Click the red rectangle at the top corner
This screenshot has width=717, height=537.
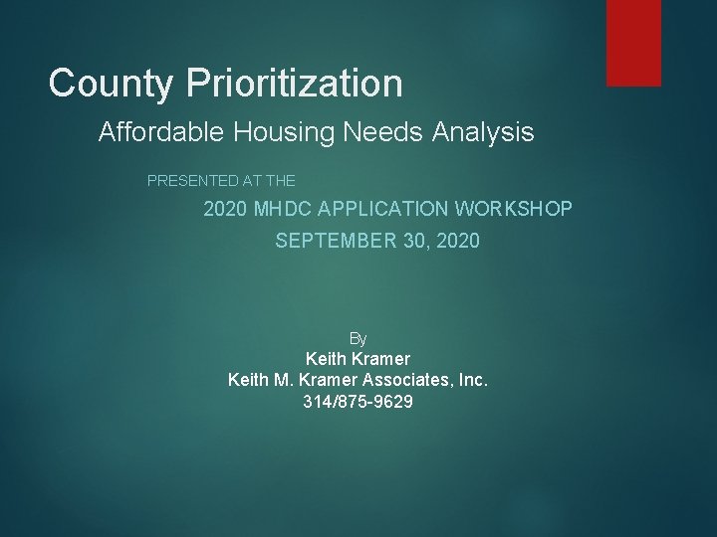pyautogui.click(x=633, y=42)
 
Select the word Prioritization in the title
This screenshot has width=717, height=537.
pyautogui.click(x=295, y=84)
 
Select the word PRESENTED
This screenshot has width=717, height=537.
pyautogui.click(x=192, y=181)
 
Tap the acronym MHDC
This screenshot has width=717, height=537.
pyautogui.click(x=285, y=210)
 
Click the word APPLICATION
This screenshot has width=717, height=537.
pyautogui.click(x=388, y=210)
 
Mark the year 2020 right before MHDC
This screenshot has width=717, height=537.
pyautogui.click(x=225, y=210)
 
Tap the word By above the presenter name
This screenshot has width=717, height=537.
pyautogui.click(x=358, y=339)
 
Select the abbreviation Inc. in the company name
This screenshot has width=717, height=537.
pyautogui.click(x=470, y=380)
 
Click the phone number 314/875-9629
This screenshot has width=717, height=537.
pyautogui.click(x=358, y=402)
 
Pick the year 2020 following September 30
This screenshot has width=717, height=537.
pyautogui.click(x=458, y=241)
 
